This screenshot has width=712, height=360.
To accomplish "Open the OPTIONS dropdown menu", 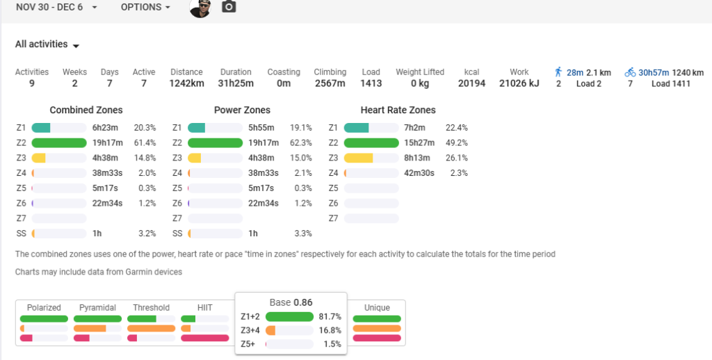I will click(145, 7).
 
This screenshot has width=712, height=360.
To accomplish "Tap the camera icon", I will click(229, 7).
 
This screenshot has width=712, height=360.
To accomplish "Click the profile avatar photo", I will click(200, 7).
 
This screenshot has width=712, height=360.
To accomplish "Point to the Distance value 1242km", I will click(186, 83).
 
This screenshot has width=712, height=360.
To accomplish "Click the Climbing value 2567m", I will click(330, 83).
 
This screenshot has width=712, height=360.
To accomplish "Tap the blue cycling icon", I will click(630, 72).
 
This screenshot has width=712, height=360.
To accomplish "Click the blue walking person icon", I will click(558, 72).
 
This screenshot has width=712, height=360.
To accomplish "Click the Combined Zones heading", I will click(86, 110).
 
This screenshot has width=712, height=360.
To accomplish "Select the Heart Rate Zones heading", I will click(398, 110).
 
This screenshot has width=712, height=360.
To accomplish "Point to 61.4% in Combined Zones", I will click(145, 143).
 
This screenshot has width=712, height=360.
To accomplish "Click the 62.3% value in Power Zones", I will click(300, 143).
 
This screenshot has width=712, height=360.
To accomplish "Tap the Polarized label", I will click(44, 308).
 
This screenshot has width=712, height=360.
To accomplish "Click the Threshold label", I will click(151, 308).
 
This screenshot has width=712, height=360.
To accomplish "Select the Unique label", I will click(377, 308).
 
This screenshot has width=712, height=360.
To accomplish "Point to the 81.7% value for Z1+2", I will click(330, 317).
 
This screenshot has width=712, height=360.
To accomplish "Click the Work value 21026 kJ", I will click(519, 83).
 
